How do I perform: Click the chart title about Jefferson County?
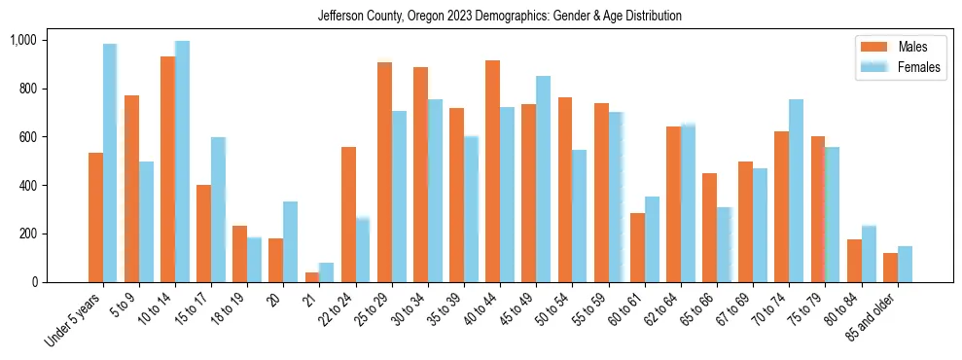coord(500,17)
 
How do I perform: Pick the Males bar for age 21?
coord(312,277)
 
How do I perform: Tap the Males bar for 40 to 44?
coord(493,171)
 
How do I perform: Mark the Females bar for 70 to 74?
coord(797,191)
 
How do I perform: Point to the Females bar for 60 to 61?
coord(652,239)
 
